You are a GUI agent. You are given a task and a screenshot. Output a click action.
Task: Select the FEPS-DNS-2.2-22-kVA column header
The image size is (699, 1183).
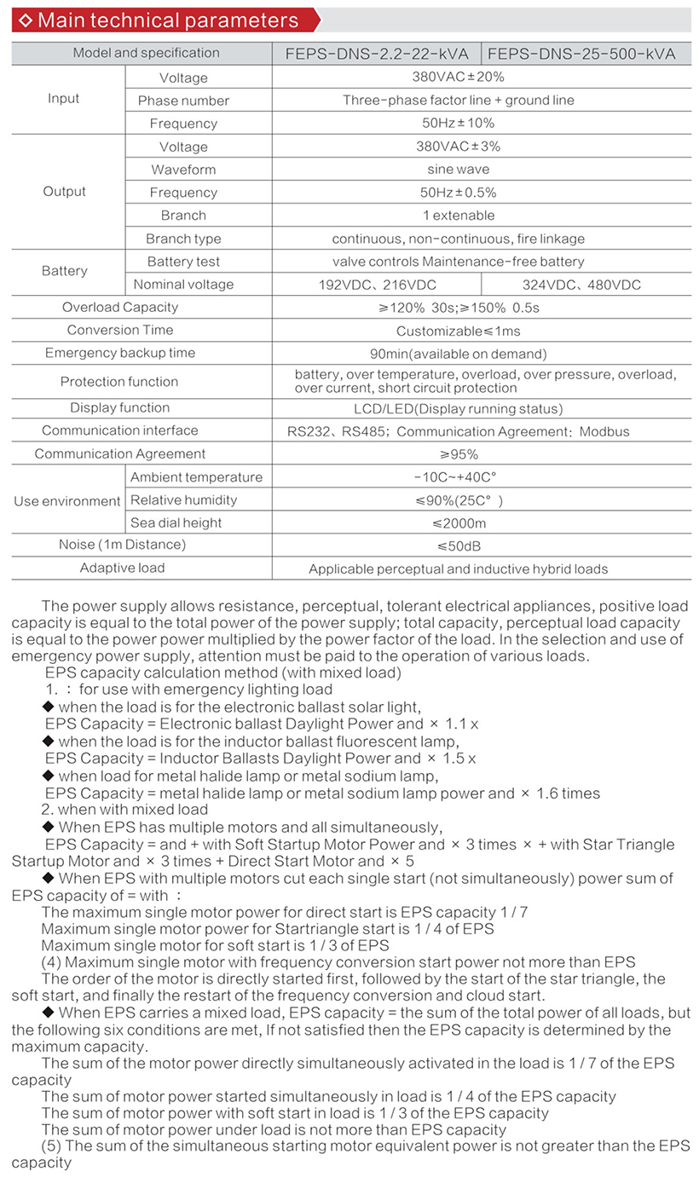click(376, 53)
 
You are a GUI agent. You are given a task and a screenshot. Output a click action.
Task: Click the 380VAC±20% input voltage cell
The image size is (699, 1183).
click(458, 77)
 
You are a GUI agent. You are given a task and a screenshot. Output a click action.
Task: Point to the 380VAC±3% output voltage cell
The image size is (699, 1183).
click(458, 146)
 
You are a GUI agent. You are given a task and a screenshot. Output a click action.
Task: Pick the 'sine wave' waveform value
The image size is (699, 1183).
click(458, 169)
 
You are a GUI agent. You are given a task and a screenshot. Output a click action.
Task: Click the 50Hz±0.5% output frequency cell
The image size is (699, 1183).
click(458, 192)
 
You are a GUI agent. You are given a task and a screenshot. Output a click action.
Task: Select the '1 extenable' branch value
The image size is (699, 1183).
click(458, 215)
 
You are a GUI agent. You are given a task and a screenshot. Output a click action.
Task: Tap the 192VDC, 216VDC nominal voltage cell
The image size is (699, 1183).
click(376, 285)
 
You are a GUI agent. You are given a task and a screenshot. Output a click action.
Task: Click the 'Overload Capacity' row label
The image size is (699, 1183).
click(120, 307)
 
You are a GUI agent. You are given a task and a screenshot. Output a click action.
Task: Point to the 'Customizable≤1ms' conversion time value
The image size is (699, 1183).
click(458, 331)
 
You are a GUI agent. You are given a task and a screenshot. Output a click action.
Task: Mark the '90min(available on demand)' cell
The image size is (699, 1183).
click(458, 354)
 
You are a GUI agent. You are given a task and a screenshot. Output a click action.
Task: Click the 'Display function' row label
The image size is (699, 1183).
click(120, 407)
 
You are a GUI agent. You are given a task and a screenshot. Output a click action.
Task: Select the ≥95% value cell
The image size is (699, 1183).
click(458, 454)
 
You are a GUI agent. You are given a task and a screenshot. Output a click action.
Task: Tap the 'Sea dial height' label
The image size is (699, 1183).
click(176, 522)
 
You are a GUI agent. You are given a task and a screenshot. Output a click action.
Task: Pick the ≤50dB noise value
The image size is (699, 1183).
click(458, 545)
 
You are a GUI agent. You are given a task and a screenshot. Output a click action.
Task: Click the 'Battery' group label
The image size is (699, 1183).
click(65, 271)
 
